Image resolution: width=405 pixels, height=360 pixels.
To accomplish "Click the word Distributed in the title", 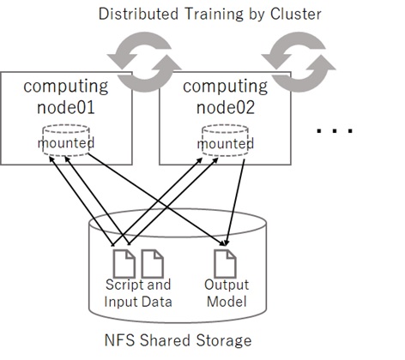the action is pyautogui.click(x=138, y=14).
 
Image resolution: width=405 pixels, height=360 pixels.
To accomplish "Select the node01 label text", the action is pyautogui.click(x=66, y=107).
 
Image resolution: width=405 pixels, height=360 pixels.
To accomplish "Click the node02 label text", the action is pyautogui.click(x=226, y=107).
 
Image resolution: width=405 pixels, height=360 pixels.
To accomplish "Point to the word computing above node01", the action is pyautogui.click(x=66, y=87).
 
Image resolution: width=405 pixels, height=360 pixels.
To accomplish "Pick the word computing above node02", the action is pyautogui.click(x=226, y=87).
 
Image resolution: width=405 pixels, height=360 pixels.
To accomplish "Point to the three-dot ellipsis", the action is pyautogui.click(x=335, y=131).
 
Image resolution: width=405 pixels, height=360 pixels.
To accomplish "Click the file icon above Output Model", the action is pyautogui.click(x=225, y=264).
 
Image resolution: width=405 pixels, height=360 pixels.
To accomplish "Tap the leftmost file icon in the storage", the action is pyautogui.click(x=124, y=264).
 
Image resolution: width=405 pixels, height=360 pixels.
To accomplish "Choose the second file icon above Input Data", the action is pyautogui.click(x=153, y=264).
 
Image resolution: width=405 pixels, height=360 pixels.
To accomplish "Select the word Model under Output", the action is pyautogui.click(x=227, y=302).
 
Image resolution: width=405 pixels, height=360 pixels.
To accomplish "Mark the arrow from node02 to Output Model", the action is pyautogui.click(x=235, y=202).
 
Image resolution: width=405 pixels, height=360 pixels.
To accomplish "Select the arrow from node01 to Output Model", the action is pyautogui.click(x=156, y=200).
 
